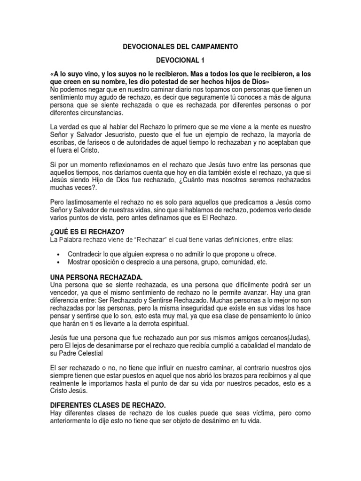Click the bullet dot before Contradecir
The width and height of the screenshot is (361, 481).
pyautogui.click(x=57, y=254)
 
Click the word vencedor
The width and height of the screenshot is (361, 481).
pyautogui.click(x=64, y=293)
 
